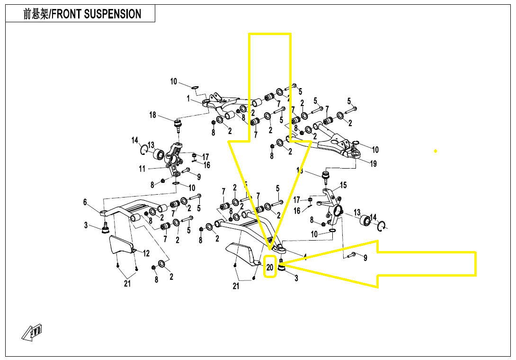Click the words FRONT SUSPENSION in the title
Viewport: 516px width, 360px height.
pyautogui.click(x=96, y=14)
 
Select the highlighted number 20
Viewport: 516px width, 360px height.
pyautogui.click(x=270, y=268)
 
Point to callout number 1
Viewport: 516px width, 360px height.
pyautogui.click(x=188, y=99)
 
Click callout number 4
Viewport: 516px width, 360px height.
pyautogui.click(x=305, y=257)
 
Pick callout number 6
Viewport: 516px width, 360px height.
pyautogui.click(x=85, y=202)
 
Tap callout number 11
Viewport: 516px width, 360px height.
pyautogui.click(x=142, y=168)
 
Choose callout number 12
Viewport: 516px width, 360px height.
pyautogui.click(x=147, y=253)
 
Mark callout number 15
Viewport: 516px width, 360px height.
pyautogui.click(x=344, y=185)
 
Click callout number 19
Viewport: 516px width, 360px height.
pyautogui.click(x=374, y=164)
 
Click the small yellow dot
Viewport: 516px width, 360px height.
pyautogui.click(x=436, y=151)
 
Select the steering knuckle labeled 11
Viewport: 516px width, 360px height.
pyautogui.click(x=174, y=158)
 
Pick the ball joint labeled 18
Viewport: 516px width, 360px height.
pyautogui.click(x=179, y=126)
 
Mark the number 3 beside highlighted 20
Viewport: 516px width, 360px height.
pyautogui.click(x=296, y=279)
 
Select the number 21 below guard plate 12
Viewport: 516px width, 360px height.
pyautogui.click(x=127, y=284)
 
